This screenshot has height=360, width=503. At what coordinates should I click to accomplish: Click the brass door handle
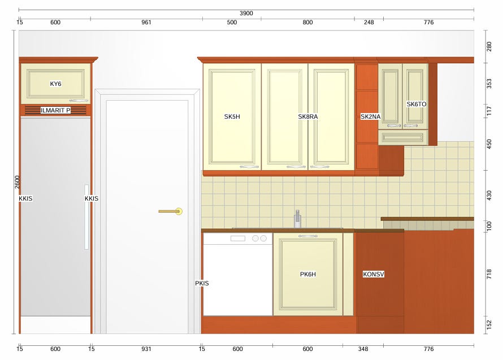point(171,211)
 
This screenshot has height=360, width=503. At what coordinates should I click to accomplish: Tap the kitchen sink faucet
point(298,219)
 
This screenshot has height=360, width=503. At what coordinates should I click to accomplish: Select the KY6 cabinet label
point(55,84)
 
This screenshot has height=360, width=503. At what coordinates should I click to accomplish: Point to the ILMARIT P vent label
point(55,110)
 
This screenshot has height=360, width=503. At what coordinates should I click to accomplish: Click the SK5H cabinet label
point(232,116)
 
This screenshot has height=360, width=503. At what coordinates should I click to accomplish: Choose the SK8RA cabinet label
point(307,116)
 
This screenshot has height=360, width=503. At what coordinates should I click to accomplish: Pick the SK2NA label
point(371,116)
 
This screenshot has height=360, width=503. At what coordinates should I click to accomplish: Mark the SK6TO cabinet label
point(417,104)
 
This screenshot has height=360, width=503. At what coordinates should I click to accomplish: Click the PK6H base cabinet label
point(308,274)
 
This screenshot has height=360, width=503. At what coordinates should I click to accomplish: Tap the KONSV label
point(374,274)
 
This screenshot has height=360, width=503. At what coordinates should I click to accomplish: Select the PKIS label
point(202,283)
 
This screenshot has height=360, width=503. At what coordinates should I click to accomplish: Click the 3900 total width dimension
point(246,13)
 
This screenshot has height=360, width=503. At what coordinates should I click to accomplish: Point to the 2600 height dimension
point(18,182)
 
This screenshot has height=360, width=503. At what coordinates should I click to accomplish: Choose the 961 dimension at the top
point(146,22)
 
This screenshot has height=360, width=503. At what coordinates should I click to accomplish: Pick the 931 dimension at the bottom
point(146,349)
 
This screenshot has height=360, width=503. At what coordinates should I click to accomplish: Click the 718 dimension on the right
point(489,274)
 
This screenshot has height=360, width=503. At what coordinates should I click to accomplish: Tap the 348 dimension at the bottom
point(363,349)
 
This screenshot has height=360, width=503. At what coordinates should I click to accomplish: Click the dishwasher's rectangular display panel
point(238,238)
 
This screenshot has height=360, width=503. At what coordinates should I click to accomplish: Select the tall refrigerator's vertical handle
point(86,217)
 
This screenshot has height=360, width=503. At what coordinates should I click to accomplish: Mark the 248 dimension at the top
point(369,22)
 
